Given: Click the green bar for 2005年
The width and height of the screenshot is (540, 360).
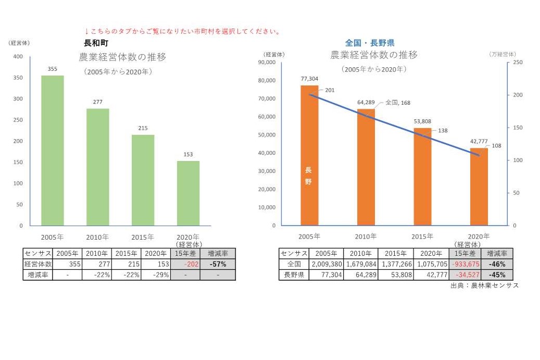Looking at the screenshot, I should pyautogui.click(x=53, y=151).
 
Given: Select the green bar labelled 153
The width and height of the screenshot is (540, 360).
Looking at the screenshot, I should pyautogui.click(x=188, y=193).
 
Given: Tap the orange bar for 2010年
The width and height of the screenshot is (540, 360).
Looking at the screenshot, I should pyautogui.click(x=366, y=167).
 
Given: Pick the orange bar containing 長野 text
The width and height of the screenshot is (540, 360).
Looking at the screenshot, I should pyautogui.click(x=309, y=156).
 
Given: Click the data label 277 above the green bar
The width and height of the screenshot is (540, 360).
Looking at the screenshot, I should pyautogui.click(x=97, y=102).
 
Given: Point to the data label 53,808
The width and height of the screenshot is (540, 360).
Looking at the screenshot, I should pyautogui.click(x=423, y=121).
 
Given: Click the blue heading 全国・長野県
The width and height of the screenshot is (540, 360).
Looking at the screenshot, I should pyautogui.click(x=370, y=43).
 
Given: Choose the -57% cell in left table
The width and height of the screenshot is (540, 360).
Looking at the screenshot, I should pyautogui.click(x=219, y=264).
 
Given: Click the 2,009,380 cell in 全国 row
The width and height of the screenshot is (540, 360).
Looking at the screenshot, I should pyautogui.click(x=326, y=264).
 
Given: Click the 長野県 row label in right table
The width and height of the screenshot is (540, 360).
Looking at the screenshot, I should pyautogui.click(x=294, y=275).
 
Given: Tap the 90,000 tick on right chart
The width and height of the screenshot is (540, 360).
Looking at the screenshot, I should pyautogui.click(x=266, y=62).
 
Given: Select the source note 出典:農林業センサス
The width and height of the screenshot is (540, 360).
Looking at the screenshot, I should pyautogui.click(x=484, y=285).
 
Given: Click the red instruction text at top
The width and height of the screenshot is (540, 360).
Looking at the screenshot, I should pyautogui.click(x=182, y=32).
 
